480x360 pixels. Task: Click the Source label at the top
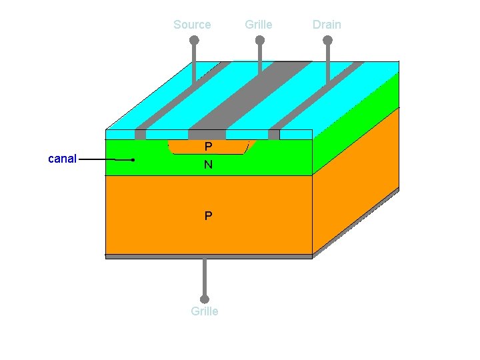click(x=192, y=25)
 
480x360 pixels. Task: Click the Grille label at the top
click(x=258, y=25)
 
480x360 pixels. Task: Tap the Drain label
click(x=327, y=25)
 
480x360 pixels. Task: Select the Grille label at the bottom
click(x=204, y=311)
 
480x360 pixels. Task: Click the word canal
click(x=63, y=159)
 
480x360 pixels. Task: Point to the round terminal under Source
click(x=194, y=40)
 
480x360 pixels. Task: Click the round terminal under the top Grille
click(x=260, y=40)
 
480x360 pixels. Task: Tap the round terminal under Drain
click(x=327, y=40)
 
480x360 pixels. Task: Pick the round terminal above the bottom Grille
click(x=205, y=299)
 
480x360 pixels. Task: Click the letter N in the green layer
click(x=209, y=165)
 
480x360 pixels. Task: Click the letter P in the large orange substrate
click(x=209, y=216)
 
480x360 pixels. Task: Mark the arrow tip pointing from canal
click(x=133, y=160)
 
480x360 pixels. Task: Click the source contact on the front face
click(x=140, y=135)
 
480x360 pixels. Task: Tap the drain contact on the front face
click(x=274, y=135)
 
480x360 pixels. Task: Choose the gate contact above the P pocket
click(x=207, y=135)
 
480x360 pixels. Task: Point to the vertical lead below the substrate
click(x=205, y=277)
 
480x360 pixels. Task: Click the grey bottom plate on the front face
click(x=209, y=256)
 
